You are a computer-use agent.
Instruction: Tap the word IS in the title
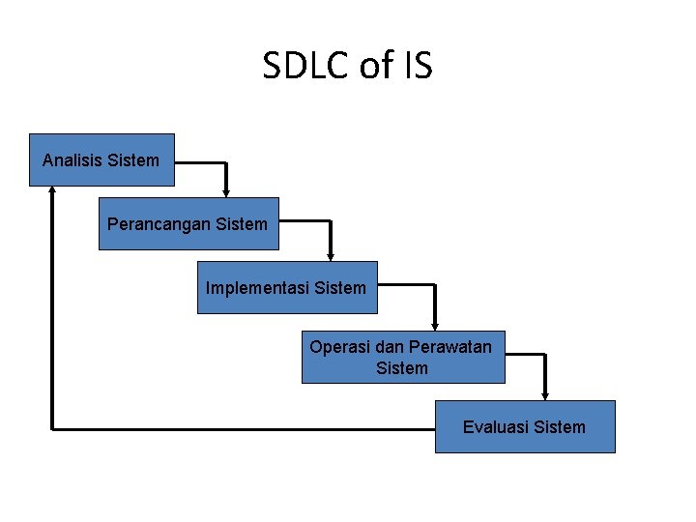click(419, 67)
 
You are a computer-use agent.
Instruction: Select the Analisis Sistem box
click(101, 159)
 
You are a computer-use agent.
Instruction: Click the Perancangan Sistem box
click(188, 223)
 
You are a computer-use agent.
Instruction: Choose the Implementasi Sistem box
click(286, 287)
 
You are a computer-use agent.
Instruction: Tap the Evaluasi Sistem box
click(524, 426)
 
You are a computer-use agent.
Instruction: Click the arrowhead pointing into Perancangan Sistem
click(226, 192)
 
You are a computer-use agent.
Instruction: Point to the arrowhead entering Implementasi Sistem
click(331, 256)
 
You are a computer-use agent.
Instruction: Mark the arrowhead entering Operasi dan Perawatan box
click(435, 326)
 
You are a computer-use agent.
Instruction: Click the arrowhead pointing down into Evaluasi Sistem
click(545, 394)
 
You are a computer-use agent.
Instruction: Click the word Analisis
click(72, 159)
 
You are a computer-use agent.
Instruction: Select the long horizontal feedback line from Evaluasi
click(242, 427)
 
